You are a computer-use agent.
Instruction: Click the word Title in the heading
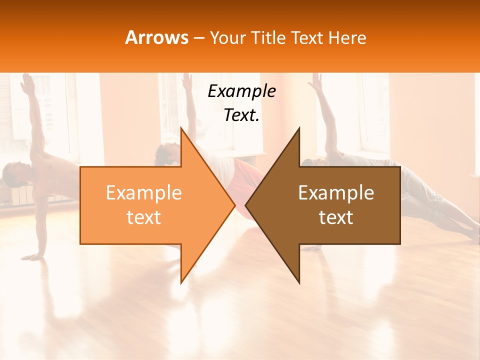coord(269,37)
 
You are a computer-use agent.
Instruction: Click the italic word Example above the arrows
coord(241,91)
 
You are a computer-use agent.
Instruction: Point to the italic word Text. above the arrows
coord(241,115)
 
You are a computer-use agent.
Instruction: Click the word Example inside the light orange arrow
coord(144,193)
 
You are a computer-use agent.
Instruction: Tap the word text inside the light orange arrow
coord(144,217)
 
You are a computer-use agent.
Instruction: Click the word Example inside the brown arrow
coord(336,193)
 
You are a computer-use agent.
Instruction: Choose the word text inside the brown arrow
coord(336,217)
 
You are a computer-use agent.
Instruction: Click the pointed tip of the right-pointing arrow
coord(235,205)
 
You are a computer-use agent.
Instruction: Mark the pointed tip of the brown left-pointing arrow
coord(245,205)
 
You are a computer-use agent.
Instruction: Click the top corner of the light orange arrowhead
coord(181,127)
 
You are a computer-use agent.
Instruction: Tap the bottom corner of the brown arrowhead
coord(299,283)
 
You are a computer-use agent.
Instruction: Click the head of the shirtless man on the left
coord(12,172)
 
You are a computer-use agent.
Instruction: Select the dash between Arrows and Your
coord(199,38)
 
